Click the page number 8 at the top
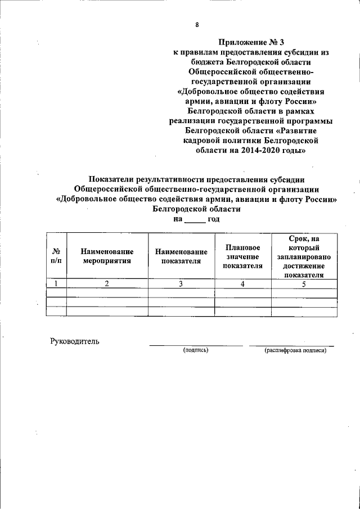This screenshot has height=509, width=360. click(x=197, y=25)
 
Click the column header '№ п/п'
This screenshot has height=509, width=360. click(x=56, y=256)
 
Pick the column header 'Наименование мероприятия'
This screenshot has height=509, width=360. click(x=107, y=256)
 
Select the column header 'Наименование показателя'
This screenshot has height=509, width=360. click(x=181, y=256)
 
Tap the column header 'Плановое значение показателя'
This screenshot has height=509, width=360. click(x=242, y=256)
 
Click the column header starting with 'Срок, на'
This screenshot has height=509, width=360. click(x=304, y=256)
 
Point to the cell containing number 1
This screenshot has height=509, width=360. click(x=56, y=283)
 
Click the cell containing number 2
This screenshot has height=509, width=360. click(x=107, y=283)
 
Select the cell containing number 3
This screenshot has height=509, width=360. click(x=181, y=283)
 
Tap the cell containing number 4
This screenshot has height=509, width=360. click(x=242, y=283)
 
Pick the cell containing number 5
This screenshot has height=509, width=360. click(x=304, y=283)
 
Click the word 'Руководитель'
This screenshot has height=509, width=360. click(x=75, y=341)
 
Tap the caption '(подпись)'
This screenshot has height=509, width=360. click(x=195, y=350)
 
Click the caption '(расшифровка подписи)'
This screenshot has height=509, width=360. click(x=295, y=350)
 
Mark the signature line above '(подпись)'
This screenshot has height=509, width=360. click(x=195, y=345)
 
